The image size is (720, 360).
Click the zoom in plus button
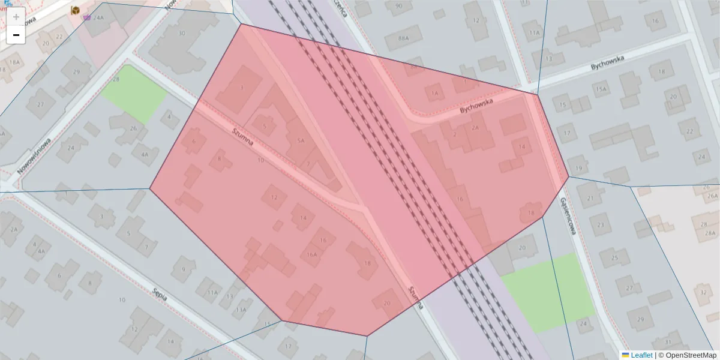(x=16, y=16)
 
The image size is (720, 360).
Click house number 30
(x=182, y=33)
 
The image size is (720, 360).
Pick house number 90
(x=399, y=6)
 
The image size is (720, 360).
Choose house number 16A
(x=311, y=254)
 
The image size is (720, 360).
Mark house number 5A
(x=301, y=140)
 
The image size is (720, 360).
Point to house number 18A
(x=14, y=62)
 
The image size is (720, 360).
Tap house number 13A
(x=241, y=310)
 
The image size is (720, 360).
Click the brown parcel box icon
(x=76, y=10)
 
